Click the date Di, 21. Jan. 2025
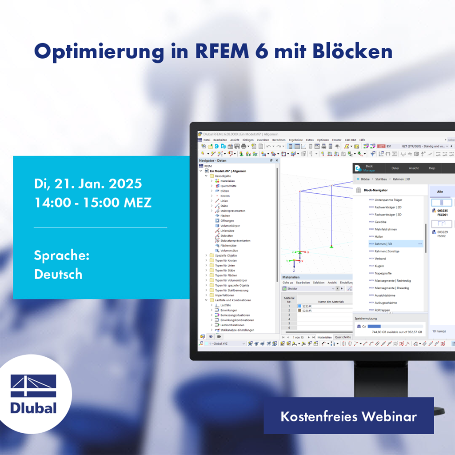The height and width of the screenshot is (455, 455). point(88,184)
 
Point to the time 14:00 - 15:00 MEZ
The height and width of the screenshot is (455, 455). point(93,203)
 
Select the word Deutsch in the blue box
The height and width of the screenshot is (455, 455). point(58,274)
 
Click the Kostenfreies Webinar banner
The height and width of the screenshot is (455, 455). point(348,416)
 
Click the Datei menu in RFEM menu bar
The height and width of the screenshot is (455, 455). point(207,140)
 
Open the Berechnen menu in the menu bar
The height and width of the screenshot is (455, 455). point(279,140)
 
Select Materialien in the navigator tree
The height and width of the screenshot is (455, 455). point(227,181)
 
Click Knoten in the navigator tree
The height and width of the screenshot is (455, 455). point(225,196)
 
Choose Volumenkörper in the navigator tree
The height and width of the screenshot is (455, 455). point(230,226)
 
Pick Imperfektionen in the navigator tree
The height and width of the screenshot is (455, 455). point(224,295)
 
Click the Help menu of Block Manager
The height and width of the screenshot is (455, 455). point(432,168)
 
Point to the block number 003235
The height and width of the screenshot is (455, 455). point(443,211)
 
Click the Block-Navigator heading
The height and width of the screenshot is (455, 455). point(376,190)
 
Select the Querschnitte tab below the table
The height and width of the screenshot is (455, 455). point(343,337)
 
